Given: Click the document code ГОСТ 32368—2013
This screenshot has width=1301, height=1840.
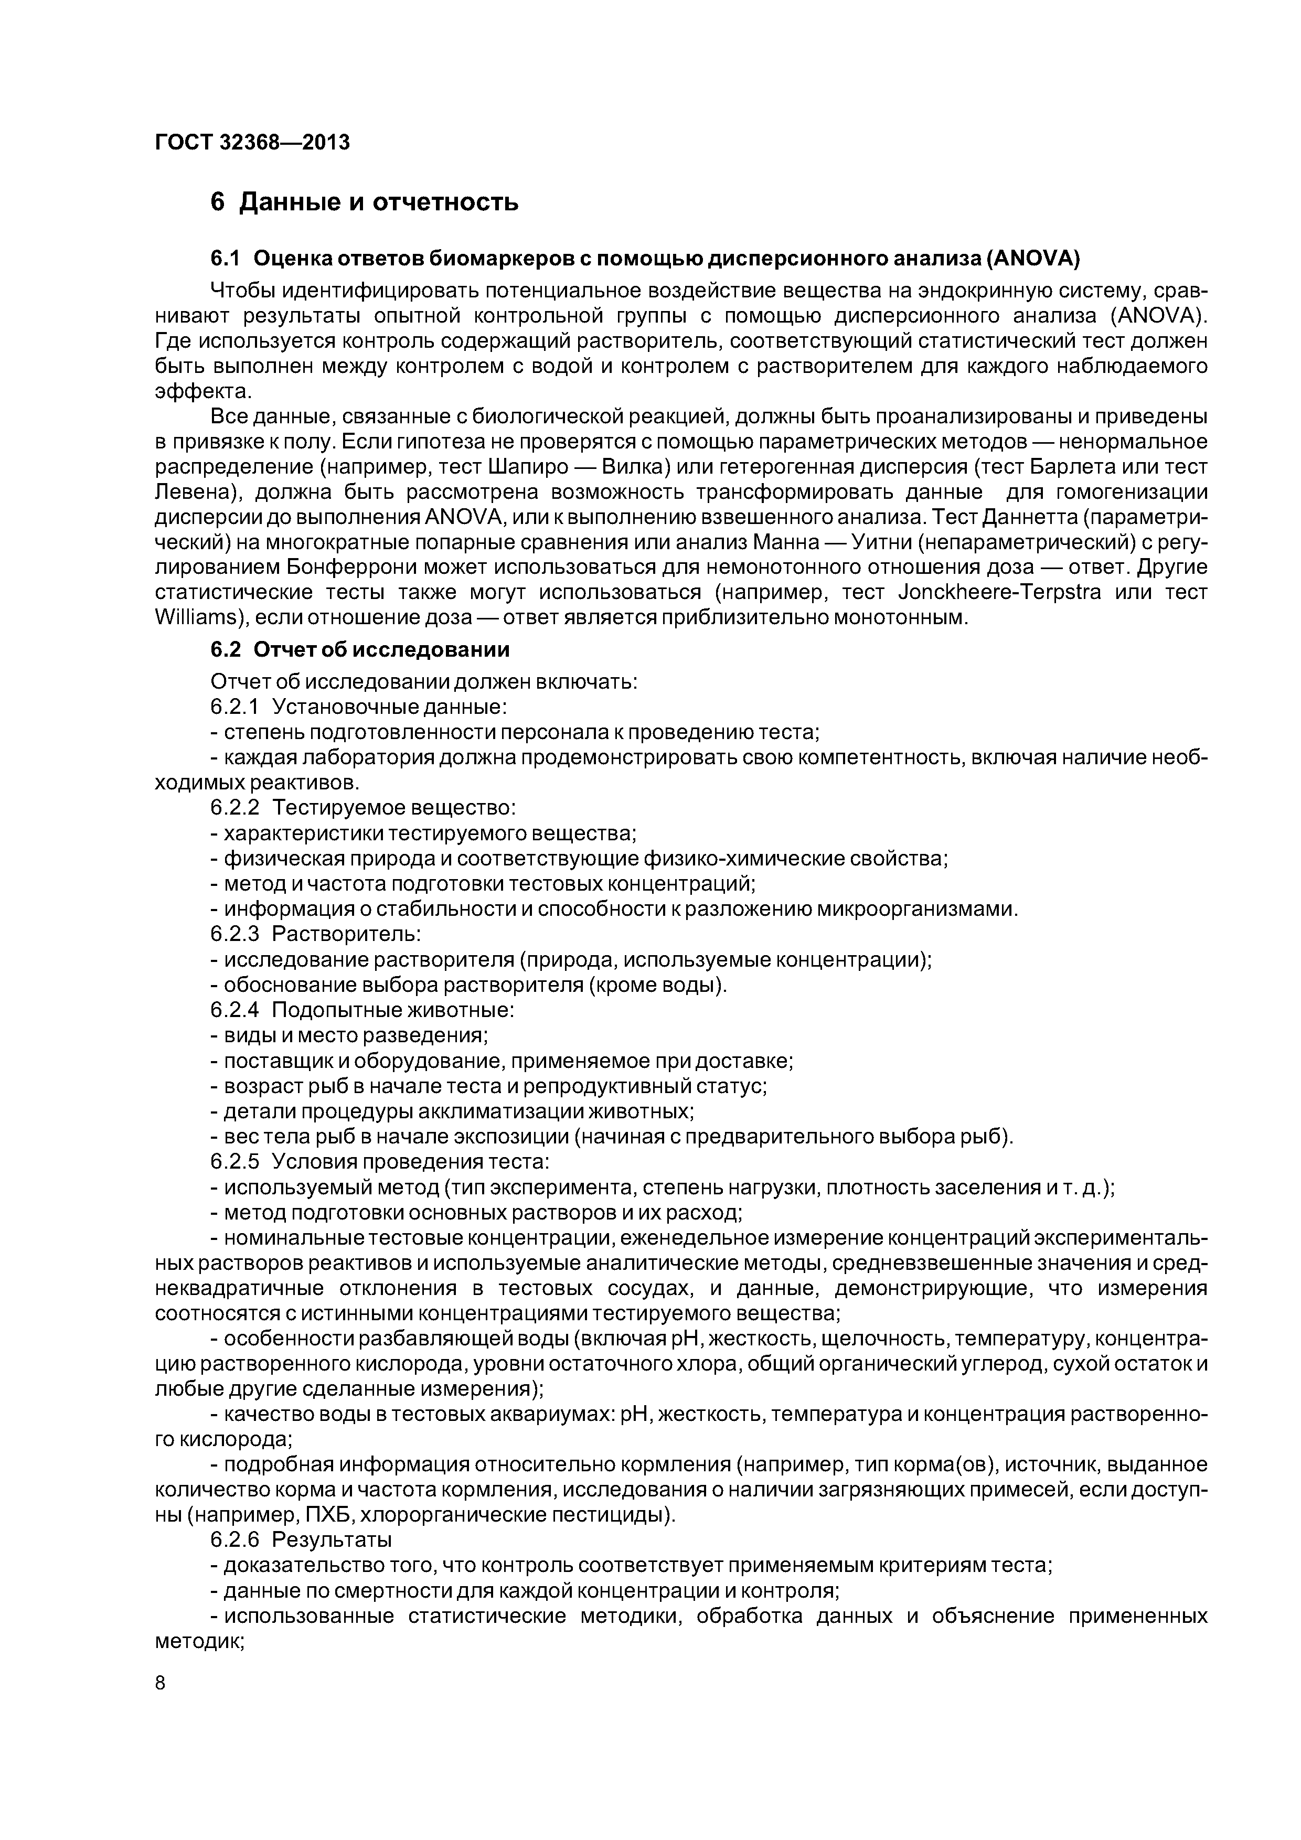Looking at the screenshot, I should [x=252, y=143].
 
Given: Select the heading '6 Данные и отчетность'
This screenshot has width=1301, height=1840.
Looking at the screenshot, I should [x=364, y=202].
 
